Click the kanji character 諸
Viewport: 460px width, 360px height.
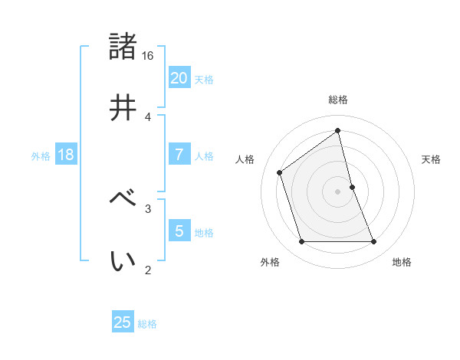point(123,46)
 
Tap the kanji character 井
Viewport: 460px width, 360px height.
point(123,107)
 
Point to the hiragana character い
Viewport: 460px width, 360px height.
point(123,260)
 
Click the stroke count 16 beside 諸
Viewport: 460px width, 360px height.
point(148,56)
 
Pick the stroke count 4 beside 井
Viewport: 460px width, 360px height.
point(148,116)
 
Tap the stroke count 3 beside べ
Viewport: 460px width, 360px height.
point(148,208)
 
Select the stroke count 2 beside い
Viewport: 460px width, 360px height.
point(148,270)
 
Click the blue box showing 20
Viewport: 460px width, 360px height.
point(179,77)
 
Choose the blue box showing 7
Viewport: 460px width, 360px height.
point(179,155)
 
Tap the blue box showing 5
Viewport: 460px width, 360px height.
point(179,231)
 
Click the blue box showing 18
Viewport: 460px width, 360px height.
point(66,155)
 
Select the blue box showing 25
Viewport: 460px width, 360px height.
point(123,322)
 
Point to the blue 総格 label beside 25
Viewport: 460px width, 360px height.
point(147,324)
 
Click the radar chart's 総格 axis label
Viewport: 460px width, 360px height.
point(338,100)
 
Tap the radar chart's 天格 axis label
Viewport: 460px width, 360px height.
point(432,159)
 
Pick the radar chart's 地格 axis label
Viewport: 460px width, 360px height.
point(402,262)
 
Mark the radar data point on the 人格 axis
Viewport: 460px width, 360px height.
point(280,172)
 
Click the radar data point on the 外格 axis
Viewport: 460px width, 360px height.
point(301,242)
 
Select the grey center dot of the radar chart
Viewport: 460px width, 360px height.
point(338,191)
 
